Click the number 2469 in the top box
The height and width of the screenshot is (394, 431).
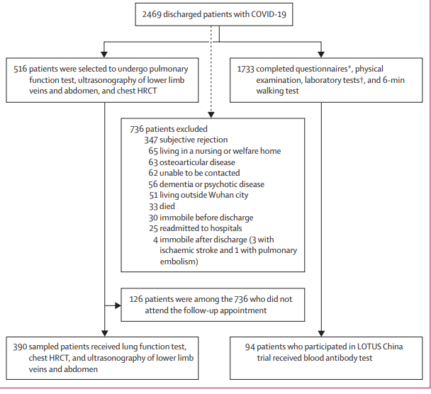152,14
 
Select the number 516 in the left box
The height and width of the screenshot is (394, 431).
21,69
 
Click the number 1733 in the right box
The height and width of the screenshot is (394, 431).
245,69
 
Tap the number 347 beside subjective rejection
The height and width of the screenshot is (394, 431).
151,140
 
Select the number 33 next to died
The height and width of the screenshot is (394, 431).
153,206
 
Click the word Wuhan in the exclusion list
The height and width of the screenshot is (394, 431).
217,195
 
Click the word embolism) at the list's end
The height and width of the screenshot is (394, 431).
179,261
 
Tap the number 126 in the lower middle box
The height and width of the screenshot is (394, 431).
136,299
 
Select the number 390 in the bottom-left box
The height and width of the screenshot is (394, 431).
20,347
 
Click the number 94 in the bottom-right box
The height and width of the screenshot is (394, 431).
250,347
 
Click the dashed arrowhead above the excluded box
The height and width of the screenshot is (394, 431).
211,115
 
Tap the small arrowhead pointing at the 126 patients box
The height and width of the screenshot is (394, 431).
118,305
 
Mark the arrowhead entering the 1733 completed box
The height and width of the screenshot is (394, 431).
321,55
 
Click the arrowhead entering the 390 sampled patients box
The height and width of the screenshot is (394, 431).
104,333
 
